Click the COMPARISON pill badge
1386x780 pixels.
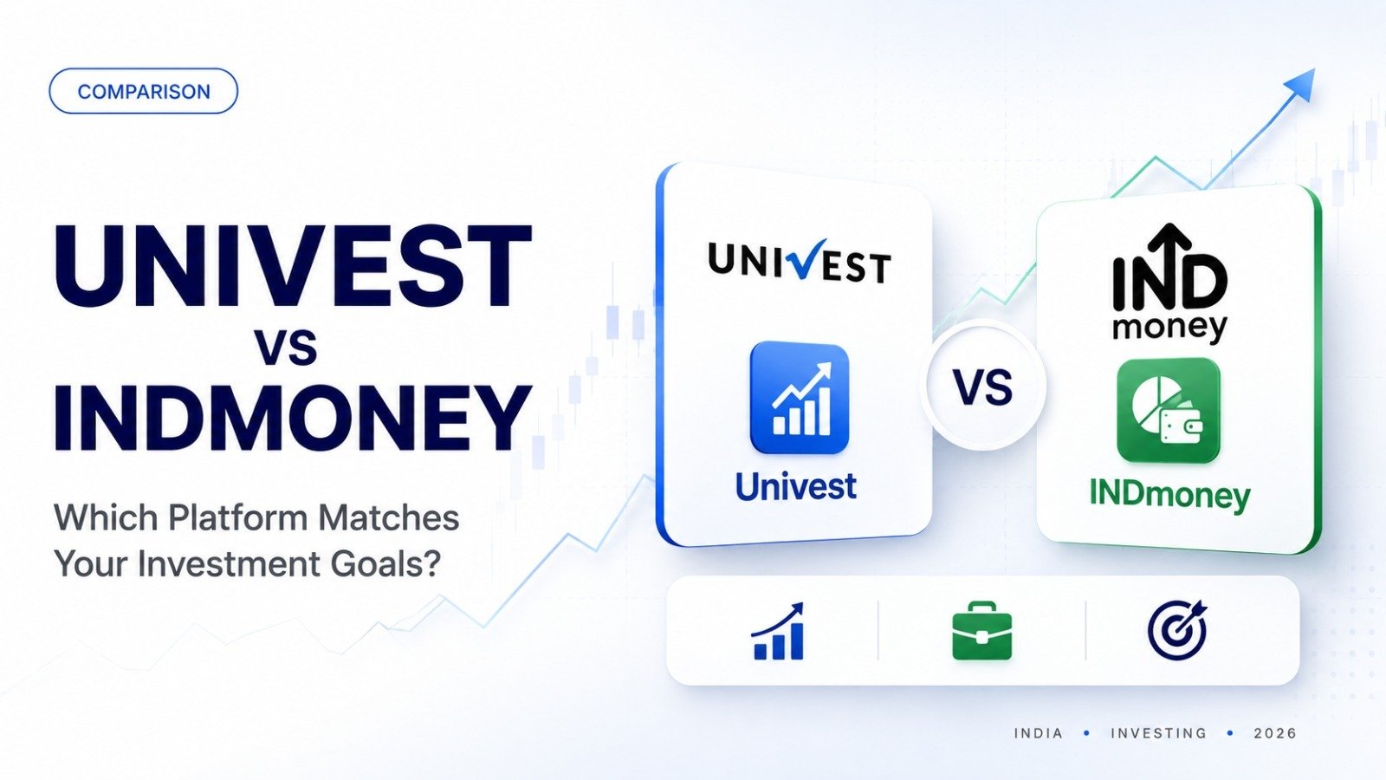pyautogui.click(x=143, y=91)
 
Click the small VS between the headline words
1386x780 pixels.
pyautogui.click(x=287, y=348)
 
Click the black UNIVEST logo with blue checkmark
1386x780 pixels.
pyautogui.click(x=800, y=262)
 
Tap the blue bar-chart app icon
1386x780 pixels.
pyautogui.click(x=800, y=398)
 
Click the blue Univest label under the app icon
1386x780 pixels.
pyautogui.click(x=796, y=486)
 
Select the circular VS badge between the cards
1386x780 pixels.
pyautogui.click(x=983, y=387)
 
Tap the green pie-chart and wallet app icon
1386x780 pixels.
pyautogui.click(x=1169, y=411)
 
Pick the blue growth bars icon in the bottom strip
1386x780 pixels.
pyautogui.click(x=778, y=632)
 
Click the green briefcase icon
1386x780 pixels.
pyautogui.click(x=982, y=631)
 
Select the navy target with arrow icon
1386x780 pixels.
pyautogui.click(x=1177, y=630)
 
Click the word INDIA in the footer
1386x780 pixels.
pyautogui.click(x=1039, y=733)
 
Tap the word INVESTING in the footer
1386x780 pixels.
pyautogui.click(x=1158, y=733)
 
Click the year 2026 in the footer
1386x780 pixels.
pyautogui.click(x=1274, y=733)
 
